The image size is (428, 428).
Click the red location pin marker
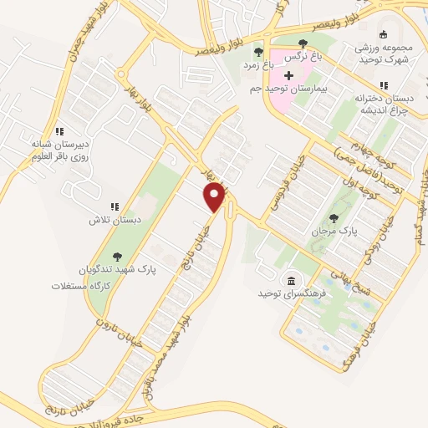(x=216, y=197)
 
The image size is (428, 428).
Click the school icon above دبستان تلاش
(x=115, y=207)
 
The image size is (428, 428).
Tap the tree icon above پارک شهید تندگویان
(x=116, y=257)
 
